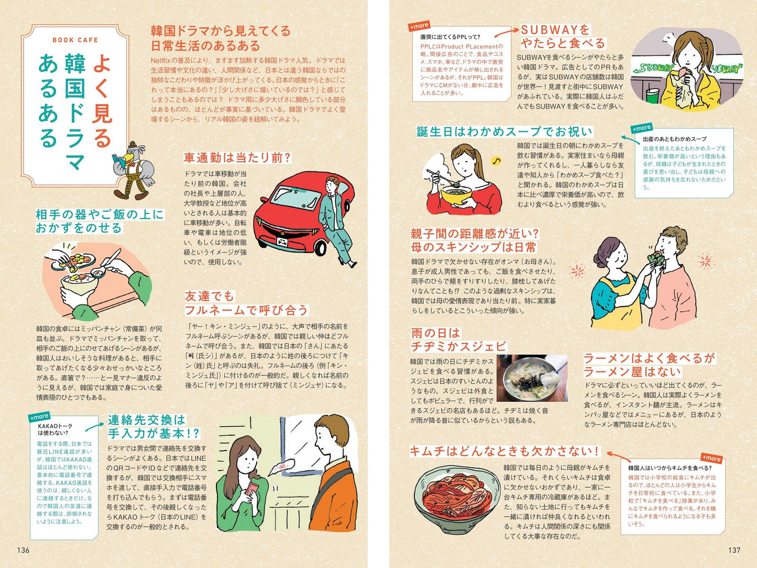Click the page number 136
pos(24,550)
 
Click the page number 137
pos(734,550)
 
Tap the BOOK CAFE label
pos(75,40)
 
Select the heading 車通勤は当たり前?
pos(237,158)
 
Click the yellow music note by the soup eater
pos(496,161)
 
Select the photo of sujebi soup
pos(532,378)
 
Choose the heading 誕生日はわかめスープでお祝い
pos(504,132)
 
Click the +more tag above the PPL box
pos(419,26)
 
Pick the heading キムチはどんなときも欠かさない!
pos(504,451)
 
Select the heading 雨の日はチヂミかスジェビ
pos(459,340)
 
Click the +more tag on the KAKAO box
pos(39,416)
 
